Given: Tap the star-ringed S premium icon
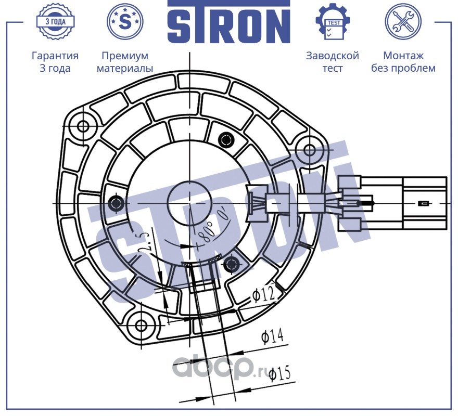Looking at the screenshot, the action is point(125,22).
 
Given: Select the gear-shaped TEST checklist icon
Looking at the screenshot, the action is point(333,22).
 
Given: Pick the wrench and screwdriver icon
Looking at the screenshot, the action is point(403,22).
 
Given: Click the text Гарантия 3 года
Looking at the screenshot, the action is point(55,62).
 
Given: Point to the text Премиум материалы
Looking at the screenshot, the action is point(125,62).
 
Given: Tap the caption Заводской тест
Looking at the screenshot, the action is point(333,62).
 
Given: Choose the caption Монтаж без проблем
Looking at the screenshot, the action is point(403,62).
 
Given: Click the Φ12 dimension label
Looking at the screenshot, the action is point(264,295).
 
